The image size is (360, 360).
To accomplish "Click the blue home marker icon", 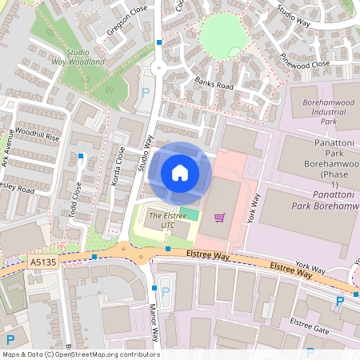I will coord(180,173).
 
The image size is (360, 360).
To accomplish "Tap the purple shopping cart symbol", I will coord(219,217).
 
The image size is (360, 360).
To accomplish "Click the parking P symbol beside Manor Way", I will coord(166,291).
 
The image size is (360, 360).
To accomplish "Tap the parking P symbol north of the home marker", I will coord(146,93).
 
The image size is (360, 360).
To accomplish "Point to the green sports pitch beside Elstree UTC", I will coord(188,214).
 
